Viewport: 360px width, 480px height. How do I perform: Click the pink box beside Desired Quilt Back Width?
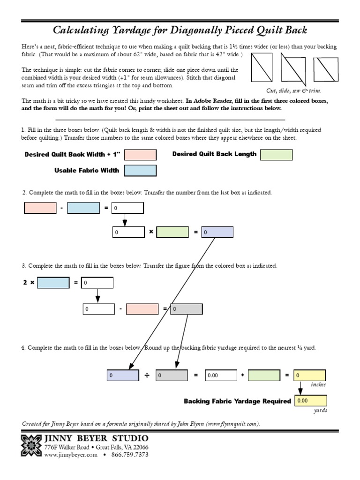click(x=140, y=155)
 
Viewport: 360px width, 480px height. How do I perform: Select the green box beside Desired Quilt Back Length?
click(x=276, y=155)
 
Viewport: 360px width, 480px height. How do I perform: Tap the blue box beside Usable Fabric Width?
click(x=140, y=171)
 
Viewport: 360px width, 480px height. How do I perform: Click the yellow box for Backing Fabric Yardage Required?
click(x=310, y=401)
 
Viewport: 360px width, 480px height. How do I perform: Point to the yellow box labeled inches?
click(x=310, y=375)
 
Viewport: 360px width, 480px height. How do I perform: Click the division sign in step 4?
click(x=147, y=375)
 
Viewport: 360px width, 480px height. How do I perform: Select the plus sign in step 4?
click(x=242, y=375)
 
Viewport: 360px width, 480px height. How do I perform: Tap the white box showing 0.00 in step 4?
click(x=221, y=375)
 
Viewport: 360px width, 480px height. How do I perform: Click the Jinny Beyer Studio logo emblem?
click(x=31, y=445)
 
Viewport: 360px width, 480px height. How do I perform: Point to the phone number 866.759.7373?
click(x=130, y=455)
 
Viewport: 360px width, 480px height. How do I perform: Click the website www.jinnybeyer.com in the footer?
click(x=71, y=455)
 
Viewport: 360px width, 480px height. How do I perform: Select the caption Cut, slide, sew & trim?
click(x=293, y=90)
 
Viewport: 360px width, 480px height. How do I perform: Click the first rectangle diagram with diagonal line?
click(x=262, y=67)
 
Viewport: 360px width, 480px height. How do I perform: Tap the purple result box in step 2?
click(x=217, y=232)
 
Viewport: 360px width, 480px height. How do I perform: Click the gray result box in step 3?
click(x=186, y=309)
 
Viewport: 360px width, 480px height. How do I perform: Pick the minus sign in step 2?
click(x=61, y=208)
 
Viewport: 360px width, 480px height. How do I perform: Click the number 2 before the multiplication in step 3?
click(x=25, y=283)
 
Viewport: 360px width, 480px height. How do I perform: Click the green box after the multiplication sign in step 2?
click(x=172, y=232)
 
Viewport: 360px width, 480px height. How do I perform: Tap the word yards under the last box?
click(x=320, y=411)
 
